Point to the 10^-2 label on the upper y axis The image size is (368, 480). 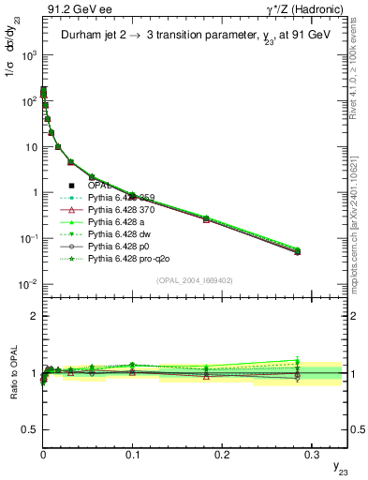tap(27, 284)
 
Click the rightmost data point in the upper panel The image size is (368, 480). tap(298, 251)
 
